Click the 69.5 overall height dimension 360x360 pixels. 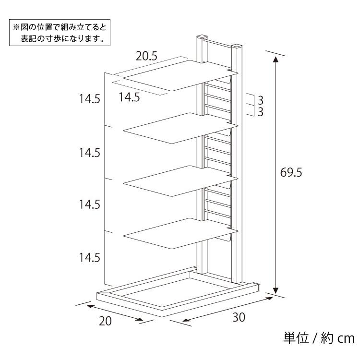291,172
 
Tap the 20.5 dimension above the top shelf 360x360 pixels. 146,56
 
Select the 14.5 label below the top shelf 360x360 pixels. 129,97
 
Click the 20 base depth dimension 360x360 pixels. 106,321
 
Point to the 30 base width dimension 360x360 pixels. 239,317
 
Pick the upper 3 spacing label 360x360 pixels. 260,100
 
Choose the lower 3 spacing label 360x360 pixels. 260,112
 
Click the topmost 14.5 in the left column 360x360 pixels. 90,99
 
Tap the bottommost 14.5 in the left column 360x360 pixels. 90,258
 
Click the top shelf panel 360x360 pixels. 180,75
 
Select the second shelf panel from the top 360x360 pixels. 180,128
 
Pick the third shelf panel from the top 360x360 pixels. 180,180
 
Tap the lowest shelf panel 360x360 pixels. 180,233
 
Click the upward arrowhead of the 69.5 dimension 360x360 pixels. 276,59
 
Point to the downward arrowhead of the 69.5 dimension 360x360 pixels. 276,290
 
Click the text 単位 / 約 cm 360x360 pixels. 319,338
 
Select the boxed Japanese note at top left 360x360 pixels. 60,33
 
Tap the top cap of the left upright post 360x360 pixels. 202,37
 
